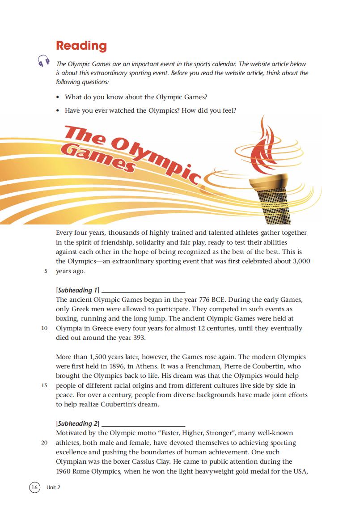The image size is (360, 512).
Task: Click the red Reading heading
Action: pos(81,46)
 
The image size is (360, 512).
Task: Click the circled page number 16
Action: pos(34,487)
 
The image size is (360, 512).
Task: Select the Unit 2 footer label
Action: pos(53,487)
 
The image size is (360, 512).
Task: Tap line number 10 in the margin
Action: pos(44,328)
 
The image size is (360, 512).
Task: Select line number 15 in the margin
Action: pos(44,385)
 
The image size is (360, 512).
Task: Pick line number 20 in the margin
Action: pos(44,443)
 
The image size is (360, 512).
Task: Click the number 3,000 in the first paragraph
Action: pos(301,261)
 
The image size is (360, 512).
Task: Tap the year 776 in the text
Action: pos(203,300)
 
